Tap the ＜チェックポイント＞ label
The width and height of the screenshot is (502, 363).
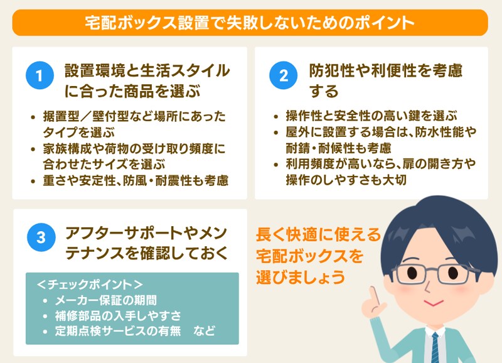[90, 284]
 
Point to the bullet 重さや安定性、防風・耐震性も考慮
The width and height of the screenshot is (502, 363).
[136, 180]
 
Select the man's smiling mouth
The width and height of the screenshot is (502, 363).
[433, 302]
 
